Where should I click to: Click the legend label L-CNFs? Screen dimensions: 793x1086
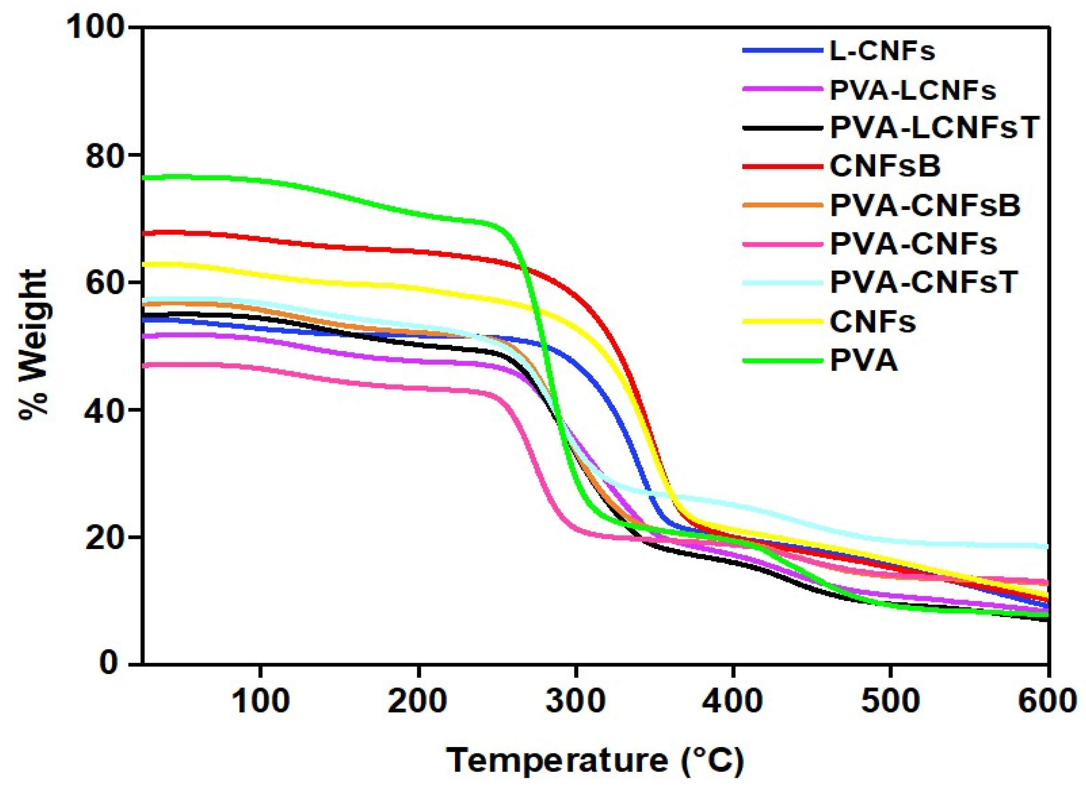point(882,51)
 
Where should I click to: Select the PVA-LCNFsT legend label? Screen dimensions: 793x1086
point(934,128)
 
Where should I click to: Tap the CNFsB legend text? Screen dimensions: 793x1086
point(884,167)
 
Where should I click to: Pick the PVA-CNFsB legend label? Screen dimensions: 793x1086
point(925,205)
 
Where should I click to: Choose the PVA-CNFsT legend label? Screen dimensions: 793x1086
point(923,282)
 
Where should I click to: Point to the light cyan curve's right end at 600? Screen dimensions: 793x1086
point(1046,546)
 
